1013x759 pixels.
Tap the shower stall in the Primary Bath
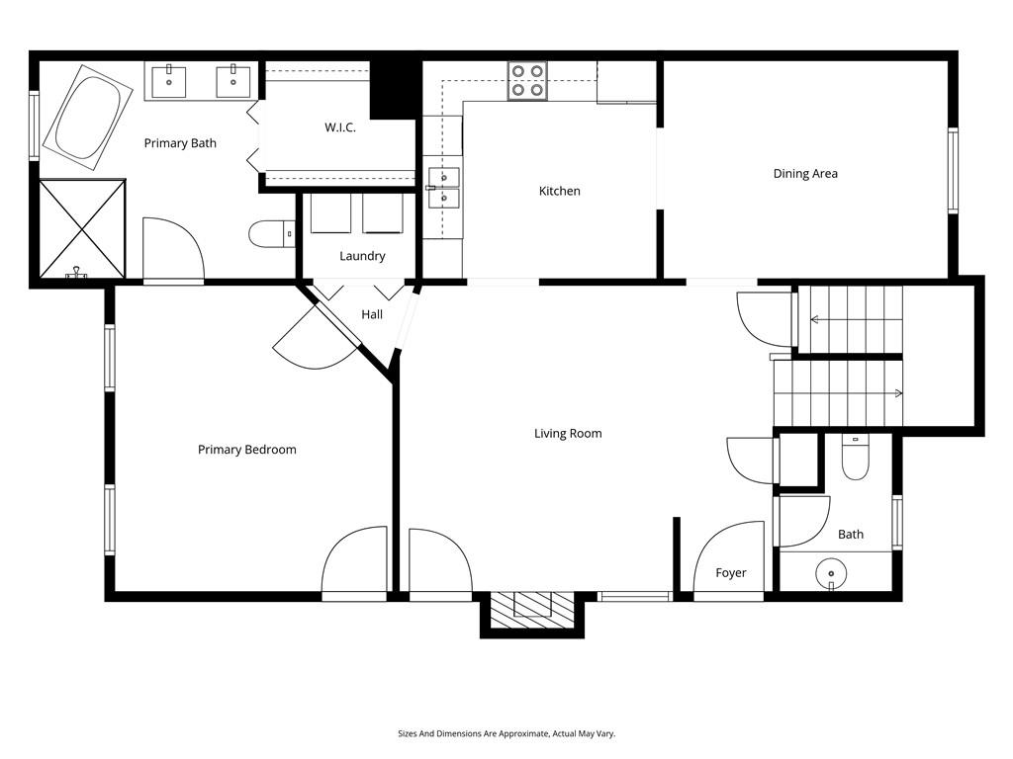point(82,228)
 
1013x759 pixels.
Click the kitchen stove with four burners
point(527,81)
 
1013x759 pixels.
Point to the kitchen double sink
point(443,188)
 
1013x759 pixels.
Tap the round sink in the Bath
point(832,572)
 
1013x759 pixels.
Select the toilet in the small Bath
point(853,459)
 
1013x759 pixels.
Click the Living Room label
point(568,433)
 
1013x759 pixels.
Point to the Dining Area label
point(805,173)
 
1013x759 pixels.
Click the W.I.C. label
point(339,127)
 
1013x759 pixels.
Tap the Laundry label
point(362,256)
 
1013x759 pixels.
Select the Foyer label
point(731,572)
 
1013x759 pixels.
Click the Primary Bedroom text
point(246,450)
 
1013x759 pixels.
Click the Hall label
point(372,314)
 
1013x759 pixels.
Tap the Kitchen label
point(559,191)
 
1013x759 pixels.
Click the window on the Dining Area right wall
point(953,170)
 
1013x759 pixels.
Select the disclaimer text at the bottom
point(506,733)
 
